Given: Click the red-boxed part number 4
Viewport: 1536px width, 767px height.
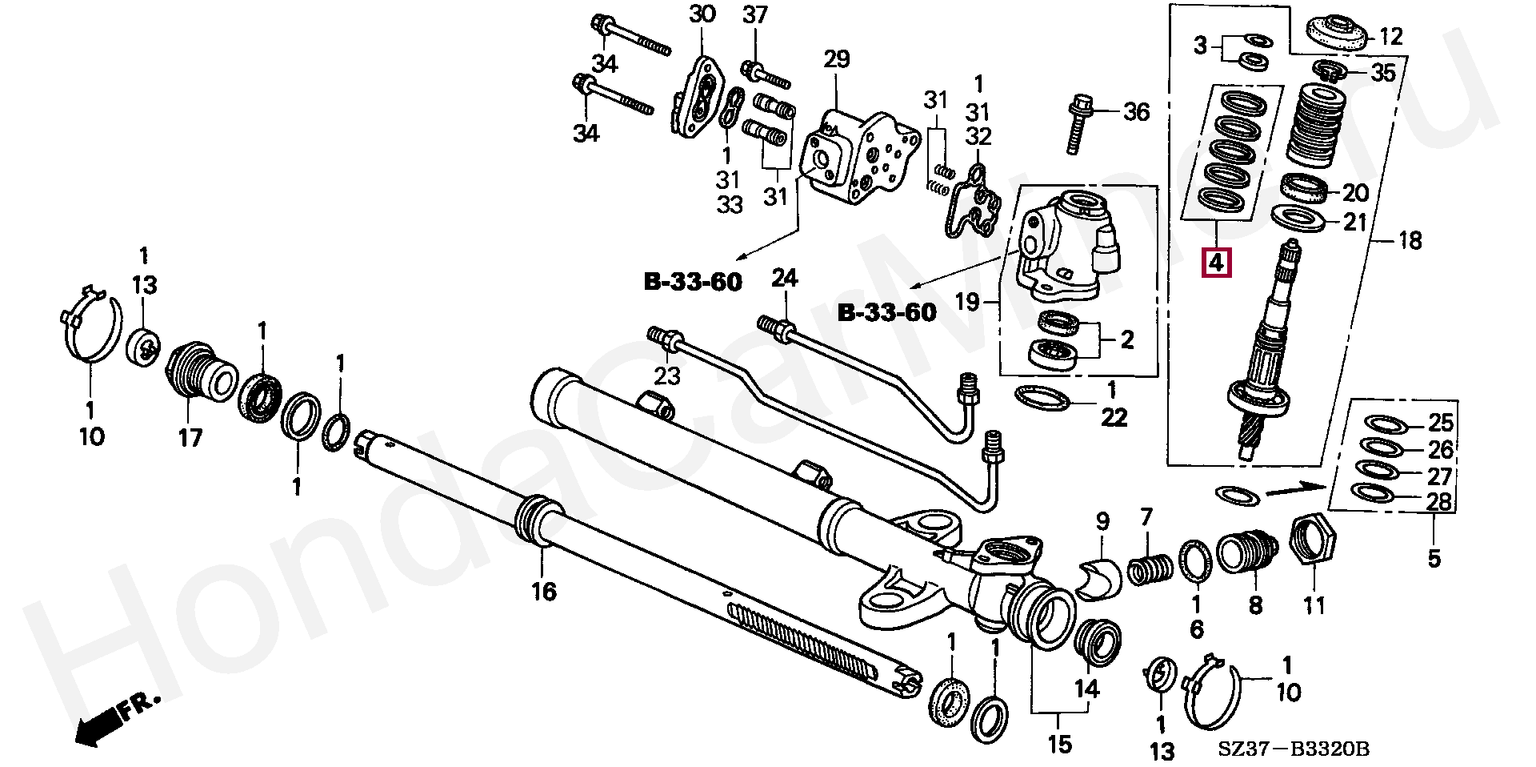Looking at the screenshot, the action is point(1216,262).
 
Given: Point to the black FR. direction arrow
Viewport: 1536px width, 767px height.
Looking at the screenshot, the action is point(112,721).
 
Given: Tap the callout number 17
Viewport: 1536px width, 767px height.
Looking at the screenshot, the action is point(190,437).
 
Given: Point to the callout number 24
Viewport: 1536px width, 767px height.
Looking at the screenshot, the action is point(785,279).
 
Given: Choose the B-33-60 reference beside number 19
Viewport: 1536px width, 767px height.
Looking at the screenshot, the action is point(886,311).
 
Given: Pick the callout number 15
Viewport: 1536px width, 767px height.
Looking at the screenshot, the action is point(1059,745).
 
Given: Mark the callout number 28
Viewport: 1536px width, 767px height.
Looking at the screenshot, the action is point(1440,502).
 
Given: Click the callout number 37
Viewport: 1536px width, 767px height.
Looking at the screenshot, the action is point(754,14).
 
